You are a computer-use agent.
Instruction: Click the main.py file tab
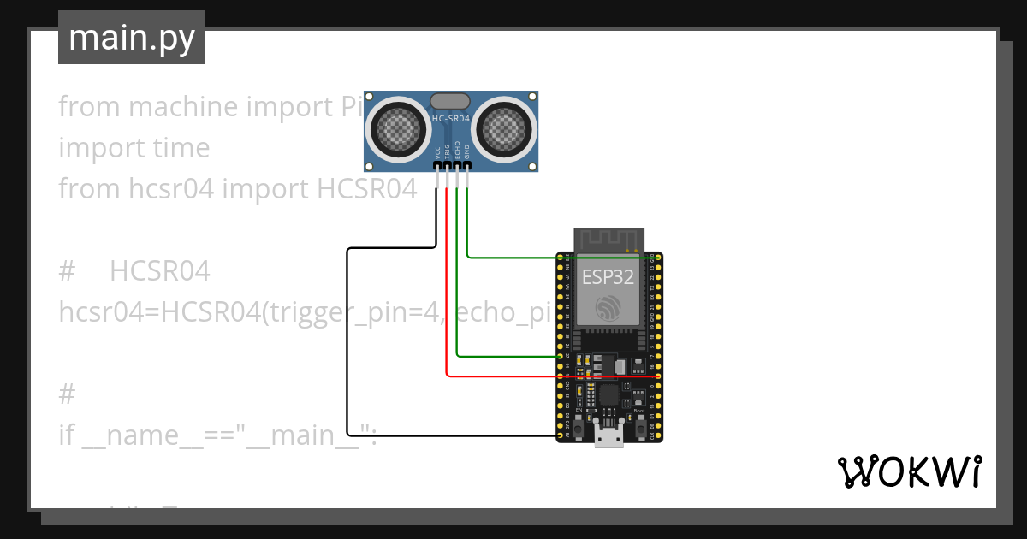[131, 38]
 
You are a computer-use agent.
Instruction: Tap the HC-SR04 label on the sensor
[451, 119]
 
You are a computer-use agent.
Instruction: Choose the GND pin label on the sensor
[467, 151]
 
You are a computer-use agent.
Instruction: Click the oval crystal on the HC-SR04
[450, 102]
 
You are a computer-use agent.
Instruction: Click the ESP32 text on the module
[608, 277]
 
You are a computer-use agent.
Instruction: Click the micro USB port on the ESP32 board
[608, 437]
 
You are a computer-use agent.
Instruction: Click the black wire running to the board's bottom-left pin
[347, 342]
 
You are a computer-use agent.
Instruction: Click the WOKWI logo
[908, 471]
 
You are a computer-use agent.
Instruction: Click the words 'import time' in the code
[134, 148]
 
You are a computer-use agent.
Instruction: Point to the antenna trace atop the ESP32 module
[608, 240]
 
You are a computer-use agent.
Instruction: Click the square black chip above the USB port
[608, 394]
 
